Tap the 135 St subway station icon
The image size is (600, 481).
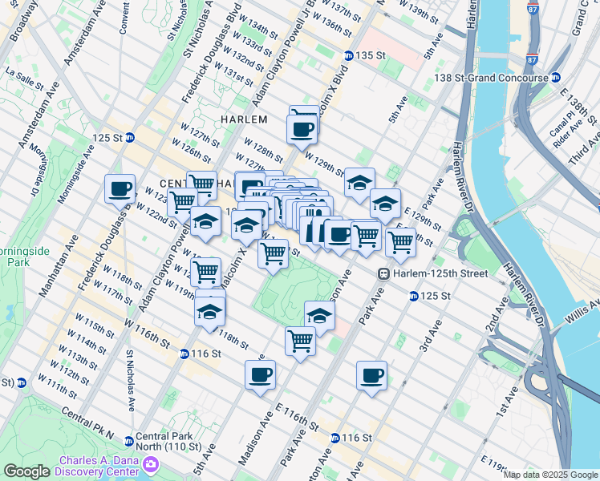[x=349, y=55]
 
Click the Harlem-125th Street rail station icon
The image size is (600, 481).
[x=384, y=273]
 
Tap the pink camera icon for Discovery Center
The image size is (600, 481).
[x=150, y=464]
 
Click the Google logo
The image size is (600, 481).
[x=26, y=471]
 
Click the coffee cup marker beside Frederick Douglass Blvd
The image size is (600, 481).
[x=120, y=189]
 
